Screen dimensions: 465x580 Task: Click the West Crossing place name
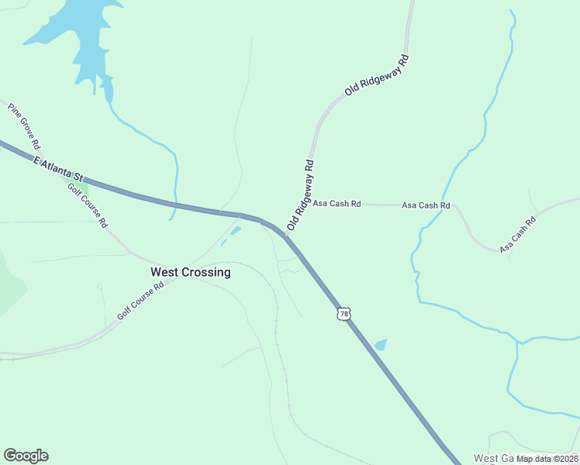click(190, 272)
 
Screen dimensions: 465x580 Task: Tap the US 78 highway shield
click(344, 314)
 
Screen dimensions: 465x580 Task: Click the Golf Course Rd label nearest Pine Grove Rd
click(87, 205)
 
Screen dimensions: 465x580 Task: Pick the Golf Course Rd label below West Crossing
click(140, 301)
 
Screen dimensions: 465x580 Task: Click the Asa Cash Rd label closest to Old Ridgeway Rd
click(337, 204)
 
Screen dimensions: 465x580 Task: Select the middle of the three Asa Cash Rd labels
click(426, 205)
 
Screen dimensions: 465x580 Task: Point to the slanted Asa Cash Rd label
click(518, 235)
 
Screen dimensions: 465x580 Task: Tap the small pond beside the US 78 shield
click(380, 344)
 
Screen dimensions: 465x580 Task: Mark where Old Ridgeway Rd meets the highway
click(286, 235)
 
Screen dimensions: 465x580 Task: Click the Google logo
click(26, 456)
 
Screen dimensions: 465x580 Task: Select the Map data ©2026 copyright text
click(547, 459)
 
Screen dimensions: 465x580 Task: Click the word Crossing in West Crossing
click(207, 272)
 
